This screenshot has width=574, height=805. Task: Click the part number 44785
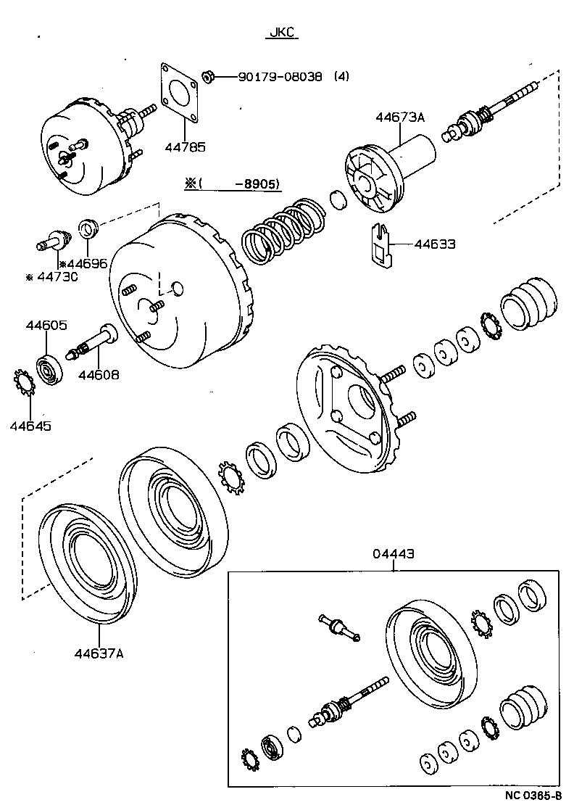(186, 147)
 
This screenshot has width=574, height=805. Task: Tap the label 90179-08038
(280, 76)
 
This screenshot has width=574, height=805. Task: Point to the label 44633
(435, 244)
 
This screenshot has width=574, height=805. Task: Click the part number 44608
(99, 375)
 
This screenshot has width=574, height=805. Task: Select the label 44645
(30, 426)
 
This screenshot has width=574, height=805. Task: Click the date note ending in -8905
(233, 184)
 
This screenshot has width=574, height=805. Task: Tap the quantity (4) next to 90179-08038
(341, 76)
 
